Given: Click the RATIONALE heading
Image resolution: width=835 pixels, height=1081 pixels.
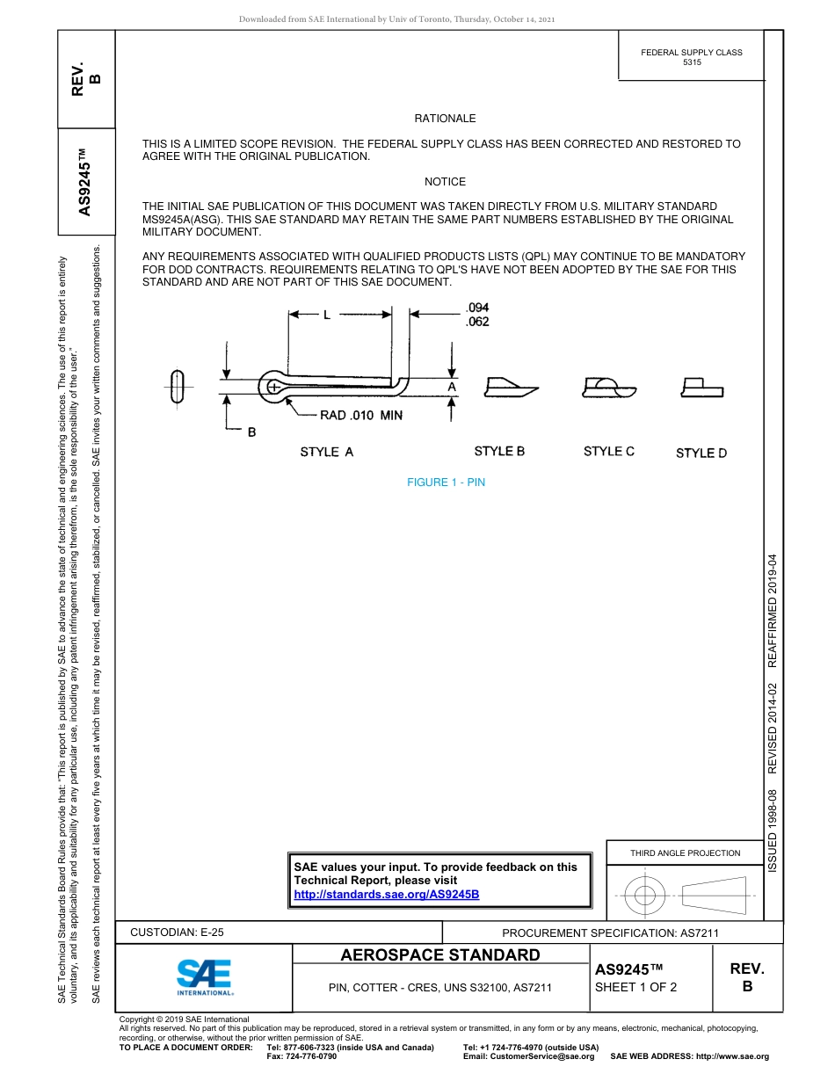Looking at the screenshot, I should [445, 119].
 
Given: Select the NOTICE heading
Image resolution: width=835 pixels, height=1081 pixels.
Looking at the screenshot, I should [445, 182].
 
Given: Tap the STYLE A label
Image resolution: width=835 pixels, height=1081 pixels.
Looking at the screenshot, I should [326, 452].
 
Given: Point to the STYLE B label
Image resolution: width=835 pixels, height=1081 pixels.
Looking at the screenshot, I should [499, 451].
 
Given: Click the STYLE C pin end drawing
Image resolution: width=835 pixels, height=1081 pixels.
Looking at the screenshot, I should [608, 387].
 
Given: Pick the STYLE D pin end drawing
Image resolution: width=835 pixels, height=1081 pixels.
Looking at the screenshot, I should [701, 388].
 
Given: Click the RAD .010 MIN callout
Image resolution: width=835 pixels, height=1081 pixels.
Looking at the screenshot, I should [354, 416].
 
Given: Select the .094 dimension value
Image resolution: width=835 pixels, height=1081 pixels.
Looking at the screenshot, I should [476, 308].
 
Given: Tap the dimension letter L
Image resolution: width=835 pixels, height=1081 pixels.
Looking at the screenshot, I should [326, 315].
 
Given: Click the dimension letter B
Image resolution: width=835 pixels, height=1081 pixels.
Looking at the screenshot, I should [251, 432].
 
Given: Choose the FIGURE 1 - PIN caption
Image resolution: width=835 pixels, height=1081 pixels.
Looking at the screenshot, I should [445, 482].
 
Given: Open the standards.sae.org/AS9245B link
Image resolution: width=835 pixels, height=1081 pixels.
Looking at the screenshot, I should [386, 894].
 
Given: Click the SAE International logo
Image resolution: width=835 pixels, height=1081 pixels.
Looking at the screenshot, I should [204, 976].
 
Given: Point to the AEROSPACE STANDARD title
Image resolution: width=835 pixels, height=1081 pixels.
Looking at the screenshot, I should [440, 955].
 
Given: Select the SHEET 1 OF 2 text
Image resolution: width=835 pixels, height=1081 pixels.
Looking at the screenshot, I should [635, 987].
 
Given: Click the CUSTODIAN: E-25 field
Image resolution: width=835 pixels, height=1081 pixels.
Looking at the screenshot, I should [177, 932].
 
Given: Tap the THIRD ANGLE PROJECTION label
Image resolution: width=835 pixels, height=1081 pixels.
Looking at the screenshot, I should [685, 852].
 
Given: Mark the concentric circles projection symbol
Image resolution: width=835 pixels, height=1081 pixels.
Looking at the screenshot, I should [645, 896].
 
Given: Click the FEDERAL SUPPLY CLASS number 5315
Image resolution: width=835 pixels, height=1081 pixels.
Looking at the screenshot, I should [692, 63].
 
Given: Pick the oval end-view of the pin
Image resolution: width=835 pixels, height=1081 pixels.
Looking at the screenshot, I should [178, 386].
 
